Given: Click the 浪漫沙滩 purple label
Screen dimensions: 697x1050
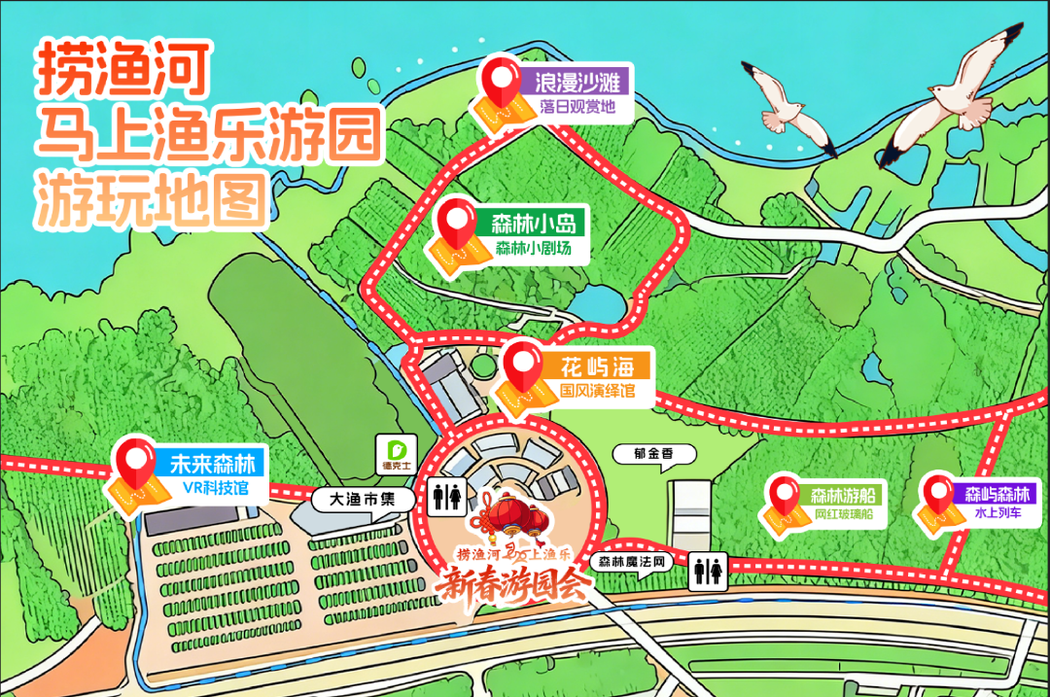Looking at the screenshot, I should (577, 81).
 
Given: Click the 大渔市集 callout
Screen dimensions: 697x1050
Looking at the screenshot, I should (363, 499).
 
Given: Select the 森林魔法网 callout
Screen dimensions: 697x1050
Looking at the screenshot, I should (631, 562).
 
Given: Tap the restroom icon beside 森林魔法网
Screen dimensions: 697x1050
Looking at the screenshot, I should (708, 572).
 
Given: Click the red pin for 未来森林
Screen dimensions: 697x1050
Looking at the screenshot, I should (135, 462).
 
